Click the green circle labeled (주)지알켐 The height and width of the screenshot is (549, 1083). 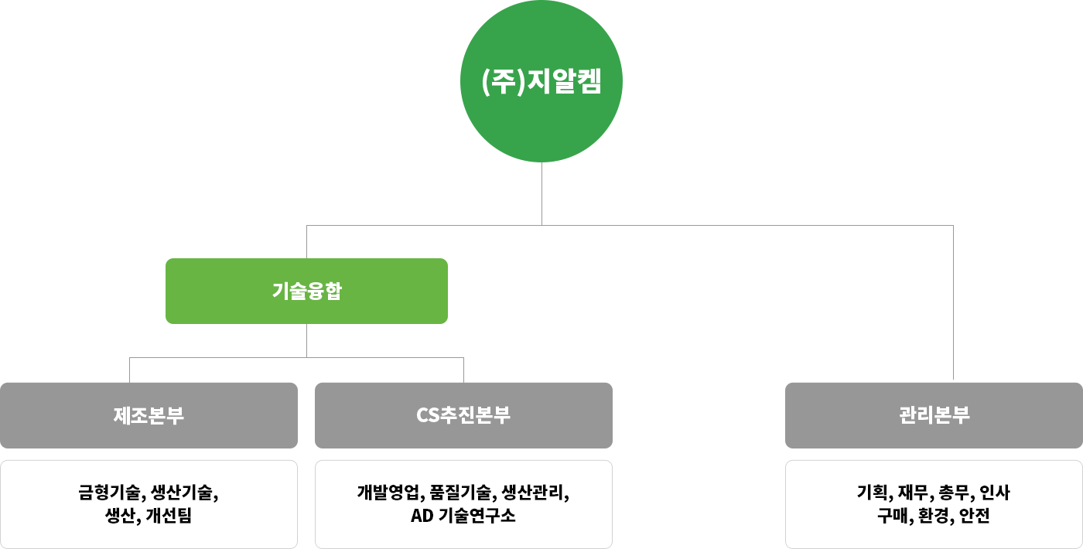click(x=541, y=81)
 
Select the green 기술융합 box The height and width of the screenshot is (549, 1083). click(x=306, y=291)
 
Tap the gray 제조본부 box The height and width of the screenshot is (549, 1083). click(x=149, y=415)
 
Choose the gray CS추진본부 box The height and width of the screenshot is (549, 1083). click(x=463, y=415)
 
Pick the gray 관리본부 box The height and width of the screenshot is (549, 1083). click(x=934, y=415)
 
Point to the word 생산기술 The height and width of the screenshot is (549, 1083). click(x=184, y=493)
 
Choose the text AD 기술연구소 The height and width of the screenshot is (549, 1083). click(x=463, y=516)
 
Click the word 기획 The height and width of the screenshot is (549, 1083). click(x=873, y=493)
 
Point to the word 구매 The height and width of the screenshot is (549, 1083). click(x=892, y=516)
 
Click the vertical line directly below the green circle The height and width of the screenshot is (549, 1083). click(x=541, y=193)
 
